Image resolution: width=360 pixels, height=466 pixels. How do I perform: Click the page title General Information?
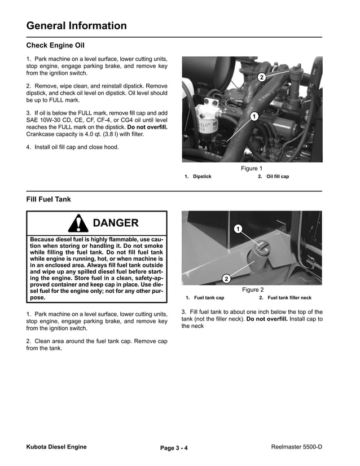point(76,25)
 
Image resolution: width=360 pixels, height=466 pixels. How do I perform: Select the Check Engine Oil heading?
point(55,45)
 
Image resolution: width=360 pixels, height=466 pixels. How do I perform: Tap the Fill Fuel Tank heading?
point(49,199)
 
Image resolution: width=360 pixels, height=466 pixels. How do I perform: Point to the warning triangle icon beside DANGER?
point(77,224)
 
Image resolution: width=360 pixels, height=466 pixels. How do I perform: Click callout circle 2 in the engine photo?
point(261,77)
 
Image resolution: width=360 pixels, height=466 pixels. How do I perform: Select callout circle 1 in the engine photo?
point(253,116)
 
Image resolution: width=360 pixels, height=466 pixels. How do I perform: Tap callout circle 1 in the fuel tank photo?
point(238,228)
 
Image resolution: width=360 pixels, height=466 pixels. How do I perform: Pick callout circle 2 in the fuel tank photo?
point(226,279)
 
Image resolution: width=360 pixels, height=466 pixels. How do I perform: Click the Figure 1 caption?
point(252,168)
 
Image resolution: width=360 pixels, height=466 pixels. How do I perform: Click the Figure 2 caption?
point(253,290)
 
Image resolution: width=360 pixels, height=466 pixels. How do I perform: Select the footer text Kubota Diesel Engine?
point(56,447)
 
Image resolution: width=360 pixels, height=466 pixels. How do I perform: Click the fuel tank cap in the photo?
point(258,248)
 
